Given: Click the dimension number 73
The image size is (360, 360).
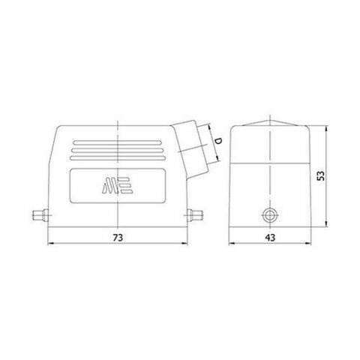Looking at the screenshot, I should [x=118, y=237].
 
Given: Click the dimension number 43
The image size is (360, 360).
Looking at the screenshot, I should [x=268, y=237].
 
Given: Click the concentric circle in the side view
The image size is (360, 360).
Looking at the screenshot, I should [x=269, y=217].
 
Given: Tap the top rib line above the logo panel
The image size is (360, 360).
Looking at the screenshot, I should [x=118, y=142].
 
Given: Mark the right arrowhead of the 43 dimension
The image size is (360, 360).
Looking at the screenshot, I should [x=305, y=244].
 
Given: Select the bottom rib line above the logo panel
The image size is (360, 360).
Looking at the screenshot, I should [x=118, y=157].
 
